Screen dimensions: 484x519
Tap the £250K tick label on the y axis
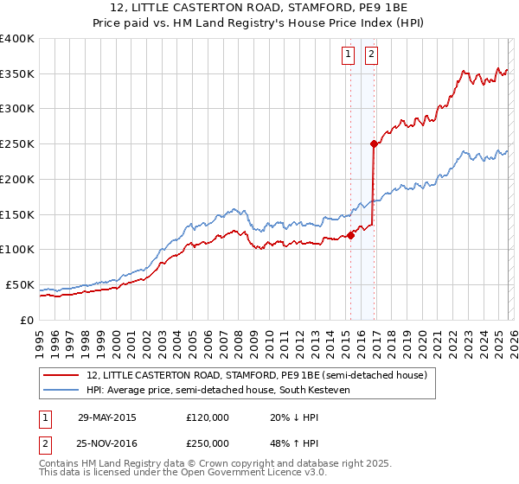(17, 144)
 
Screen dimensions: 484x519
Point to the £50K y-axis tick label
(20, 284)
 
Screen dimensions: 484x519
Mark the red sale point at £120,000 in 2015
(351, 235)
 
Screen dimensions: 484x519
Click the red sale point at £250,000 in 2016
(374, 144)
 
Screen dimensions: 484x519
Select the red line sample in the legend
(61, 375)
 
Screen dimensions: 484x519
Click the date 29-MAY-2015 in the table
(106, 417)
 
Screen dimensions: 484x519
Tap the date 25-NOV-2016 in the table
(106, 443)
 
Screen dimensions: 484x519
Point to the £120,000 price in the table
(207, 417)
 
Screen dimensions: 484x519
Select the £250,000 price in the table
(207, 443)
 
